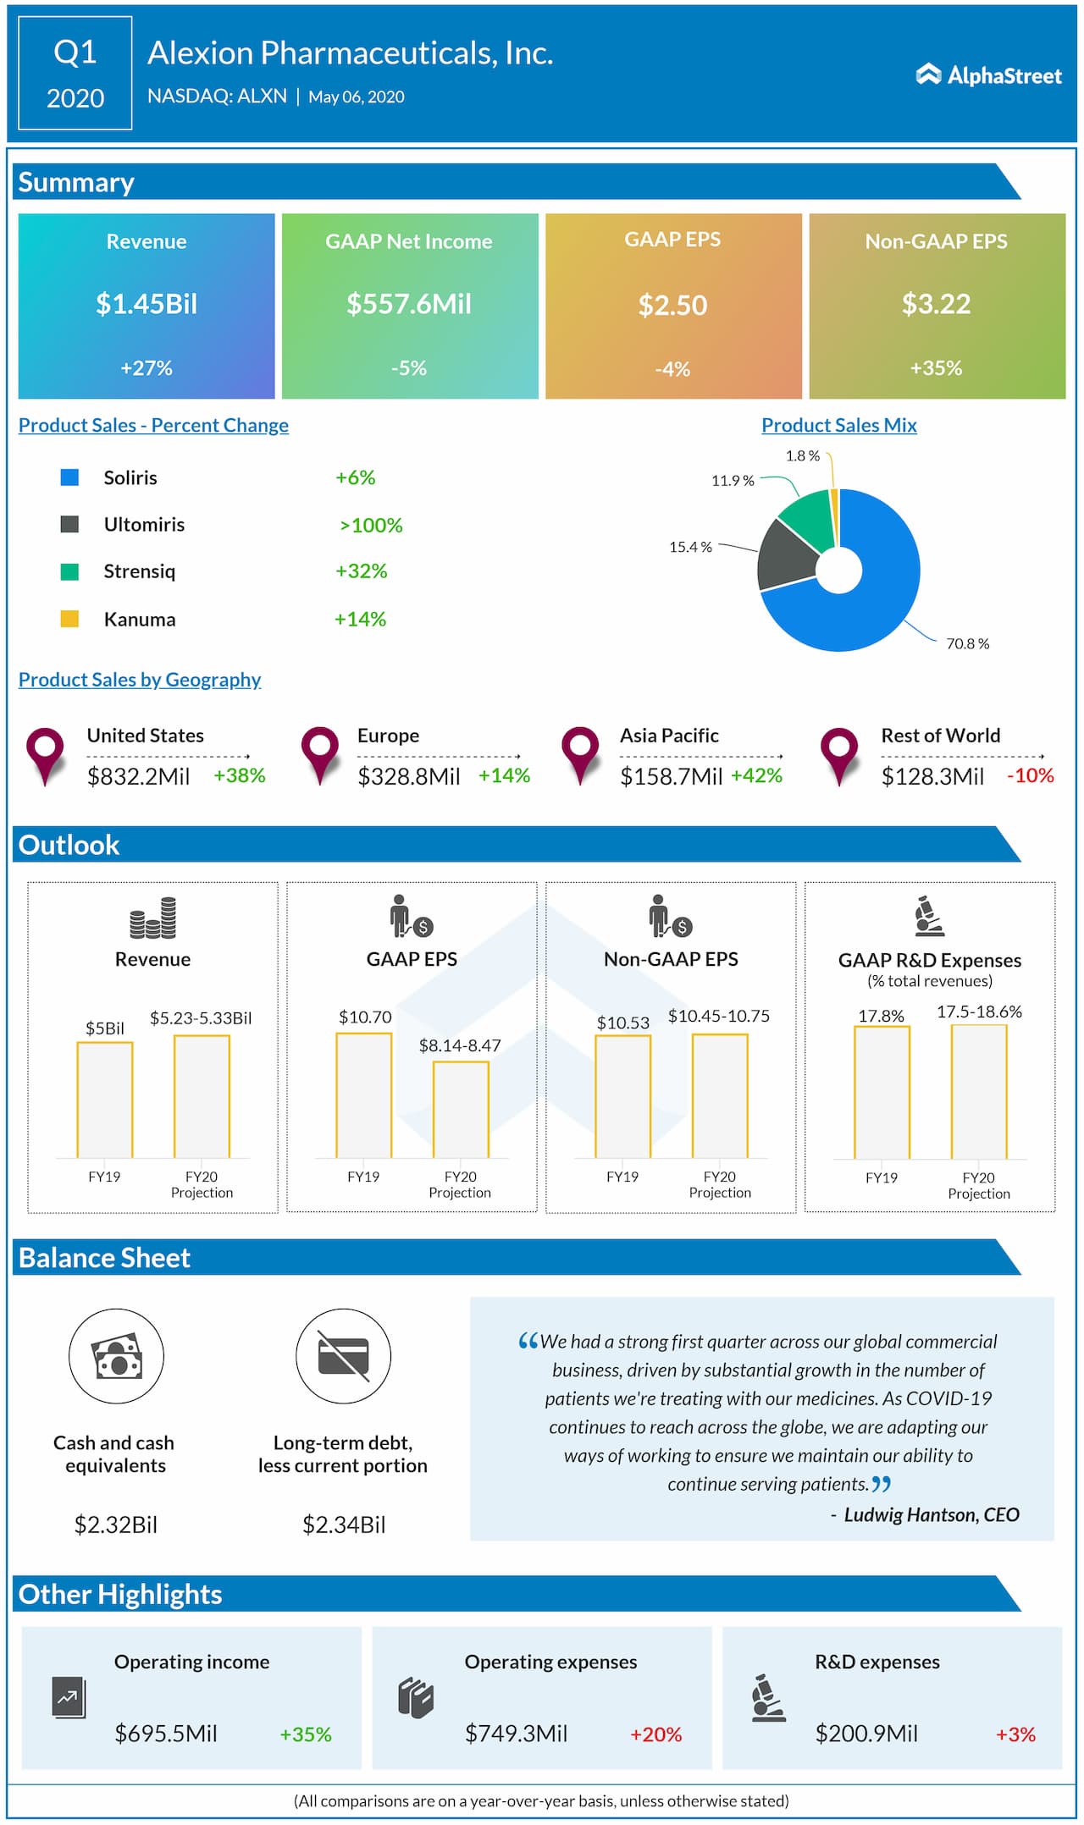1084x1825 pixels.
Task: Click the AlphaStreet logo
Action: (988, 75)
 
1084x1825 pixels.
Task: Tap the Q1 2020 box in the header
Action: (75, 74)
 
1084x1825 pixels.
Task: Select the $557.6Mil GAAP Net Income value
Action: (409, 303)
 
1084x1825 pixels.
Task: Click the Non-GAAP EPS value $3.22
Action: (936, 303)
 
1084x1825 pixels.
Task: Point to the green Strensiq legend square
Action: (69, 571)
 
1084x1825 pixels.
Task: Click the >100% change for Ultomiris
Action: (371, 525)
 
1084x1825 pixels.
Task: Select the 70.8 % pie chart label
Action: (967, 643)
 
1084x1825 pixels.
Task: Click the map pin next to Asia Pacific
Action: (580, 752)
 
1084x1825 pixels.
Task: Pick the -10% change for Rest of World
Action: (1030, 775)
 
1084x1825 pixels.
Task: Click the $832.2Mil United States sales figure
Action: (139, 776)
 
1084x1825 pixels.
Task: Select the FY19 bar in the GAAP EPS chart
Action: (364, 1095)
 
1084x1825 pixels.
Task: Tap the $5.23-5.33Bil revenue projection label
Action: (201, 1017)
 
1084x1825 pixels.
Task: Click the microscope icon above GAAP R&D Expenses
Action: (928, 917)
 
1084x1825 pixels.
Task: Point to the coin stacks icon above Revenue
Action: (152, 918)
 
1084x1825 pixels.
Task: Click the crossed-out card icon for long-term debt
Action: (343, 1356)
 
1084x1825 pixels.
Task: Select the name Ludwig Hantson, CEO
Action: (931, 1514)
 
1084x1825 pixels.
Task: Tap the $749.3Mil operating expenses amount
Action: (516, 1733)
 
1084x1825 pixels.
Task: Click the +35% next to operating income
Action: (306, 1734)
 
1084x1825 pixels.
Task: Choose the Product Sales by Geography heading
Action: (140, 680)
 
